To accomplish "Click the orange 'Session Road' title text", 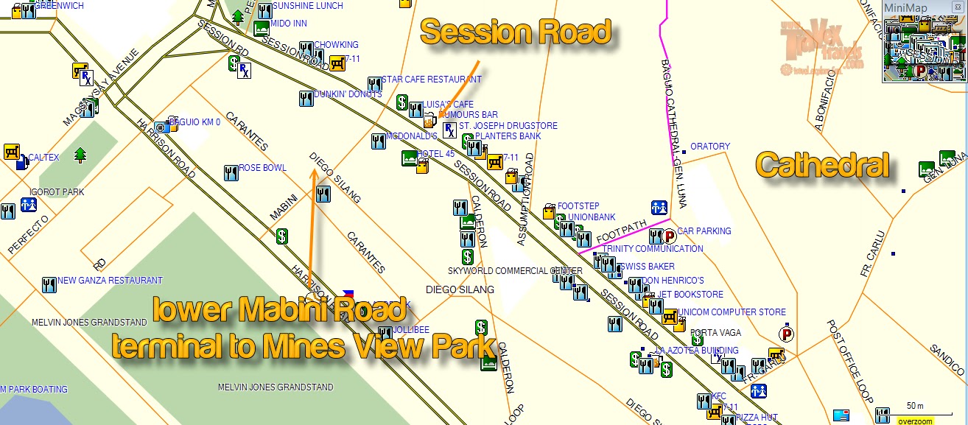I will click(515, 32).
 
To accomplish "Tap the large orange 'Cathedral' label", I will click(821, 164).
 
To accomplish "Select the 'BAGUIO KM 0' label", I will click(194, 122).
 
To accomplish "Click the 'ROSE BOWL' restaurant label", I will click(262, 168).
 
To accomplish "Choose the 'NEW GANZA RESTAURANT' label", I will click(110, 281).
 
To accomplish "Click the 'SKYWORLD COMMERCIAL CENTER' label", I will click(514, 271).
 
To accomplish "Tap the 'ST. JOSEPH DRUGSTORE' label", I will click(508, 126).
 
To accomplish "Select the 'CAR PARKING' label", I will click(704, 231).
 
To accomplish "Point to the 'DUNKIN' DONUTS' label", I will click(348, 94).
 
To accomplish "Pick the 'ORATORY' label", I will click(709, 147).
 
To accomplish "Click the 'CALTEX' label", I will click(43, 158).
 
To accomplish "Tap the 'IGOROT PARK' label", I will click(57, 192).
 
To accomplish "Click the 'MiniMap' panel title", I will click(905, 7).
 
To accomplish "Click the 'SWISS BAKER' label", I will click(648, 267).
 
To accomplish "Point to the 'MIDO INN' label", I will click(289, 24).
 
